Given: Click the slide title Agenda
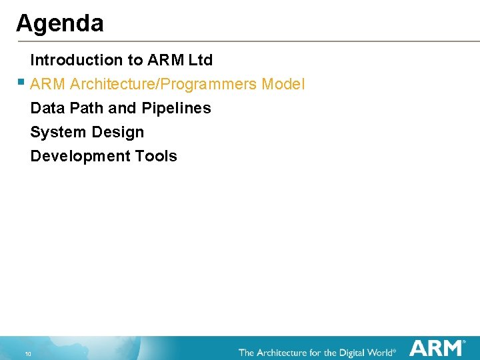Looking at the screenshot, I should point(60,24).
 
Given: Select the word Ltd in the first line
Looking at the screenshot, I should point(200,60).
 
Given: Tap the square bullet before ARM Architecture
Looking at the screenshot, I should point(21,83).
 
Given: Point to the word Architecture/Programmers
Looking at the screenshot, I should point(163,84).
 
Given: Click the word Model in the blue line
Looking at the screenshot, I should point(283,84).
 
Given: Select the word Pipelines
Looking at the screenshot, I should point(177,108).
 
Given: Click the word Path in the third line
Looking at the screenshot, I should point(87,108).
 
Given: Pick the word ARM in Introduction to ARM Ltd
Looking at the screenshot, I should point(166,60).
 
